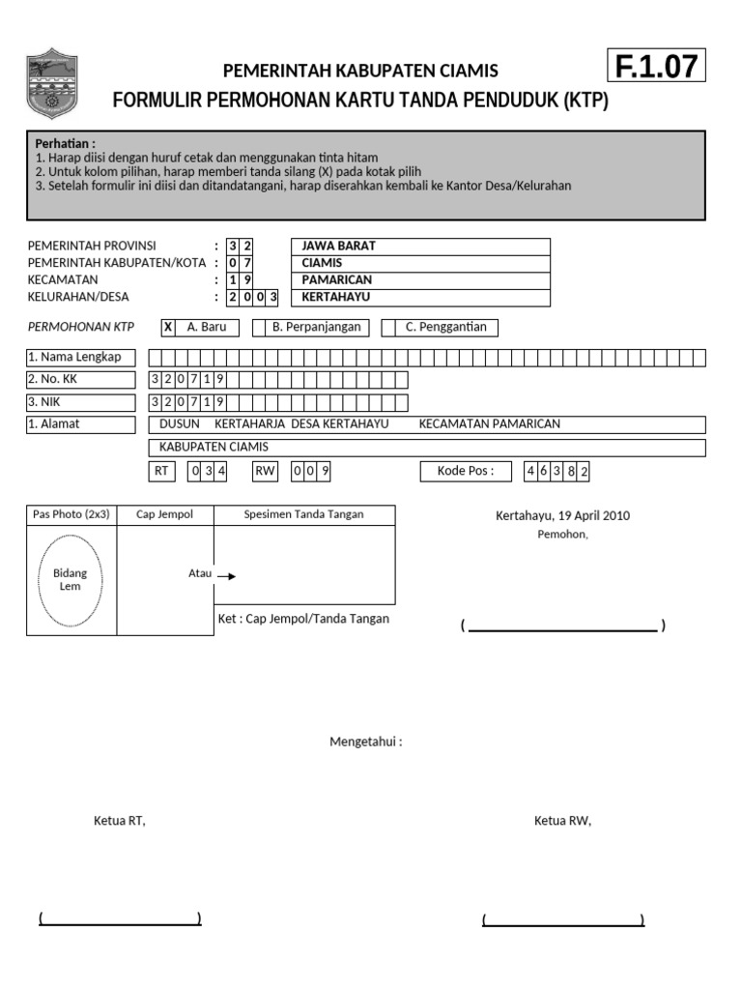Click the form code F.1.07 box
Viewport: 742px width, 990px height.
(x=656, y=66)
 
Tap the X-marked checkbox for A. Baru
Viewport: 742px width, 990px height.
(x=168, y=327)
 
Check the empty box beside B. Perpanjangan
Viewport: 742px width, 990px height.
(x=259, y=327)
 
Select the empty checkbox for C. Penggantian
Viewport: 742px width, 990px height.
(x=388, y=327)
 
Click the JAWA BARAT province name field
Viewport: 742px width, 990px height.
(x=420, y=246)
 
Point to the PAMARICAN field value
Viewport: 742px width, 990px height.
(x=420, y=280)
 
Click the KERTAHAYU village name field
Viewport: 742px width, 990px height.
(x=420, y=298)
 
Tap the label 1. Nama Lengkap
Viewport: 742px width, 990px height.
(x=81, y=358)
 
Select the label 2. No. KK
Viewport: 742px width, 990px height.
(x=81, y=380)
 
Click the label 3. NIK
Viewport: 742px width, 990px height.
(x=81, y=402)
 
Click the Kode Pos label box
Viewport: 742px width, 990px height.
(x=466, y=472)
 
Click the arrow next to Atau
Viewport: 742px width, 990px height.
(x=226, y=575)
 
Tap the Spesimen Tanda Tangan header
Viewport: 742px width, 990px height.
(x=303, y=514)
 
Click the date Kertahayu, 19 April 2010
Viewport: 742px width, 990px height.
(x=562, y=515)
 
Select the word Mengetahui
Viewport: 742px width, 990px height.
(x=366, y=742)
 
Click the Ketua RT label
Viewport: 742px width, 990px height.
(x=119, y=821)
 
